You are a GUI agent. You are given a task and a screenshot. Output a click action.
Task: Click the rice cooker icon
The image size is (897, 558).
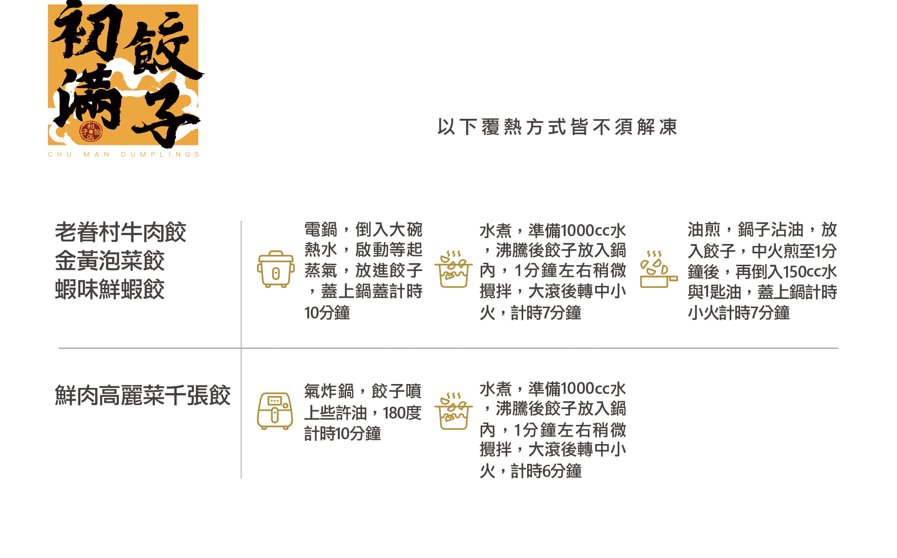tap(276, 269)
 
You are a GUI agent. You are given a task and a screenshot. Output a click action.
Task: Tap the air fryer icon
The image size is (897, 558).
tap(275, 411)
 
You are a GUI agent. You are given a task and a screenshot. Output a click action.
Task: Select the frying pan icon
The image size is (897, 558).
tap(658, 269)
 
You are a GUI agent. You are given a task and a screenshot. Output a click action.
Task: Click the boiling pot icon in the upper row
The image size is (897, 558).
tap(453, 269)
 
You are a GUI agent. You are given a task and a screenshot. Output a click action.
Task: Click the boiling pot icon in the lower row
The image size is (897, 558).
tap(453, 411)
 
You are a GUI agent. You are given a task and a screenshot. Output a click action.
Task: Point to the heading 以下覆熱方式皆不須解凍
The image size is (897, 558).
tap(557, 127)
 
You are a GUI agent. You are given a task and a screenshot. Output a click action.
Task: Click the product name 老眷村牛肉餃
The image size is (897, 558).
tap(120, 232)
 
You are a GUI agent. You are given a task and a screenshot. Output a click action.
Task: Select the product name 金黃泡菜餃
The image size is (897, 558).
tap(109, 261)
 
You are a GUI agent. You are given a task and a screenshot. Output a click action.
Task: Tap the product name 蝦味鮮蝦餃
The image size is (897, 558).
tap(109, 289)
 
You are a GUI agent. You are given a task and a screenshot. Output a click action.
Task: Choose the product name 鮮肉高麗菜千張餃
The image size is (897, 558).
tap(143, 395)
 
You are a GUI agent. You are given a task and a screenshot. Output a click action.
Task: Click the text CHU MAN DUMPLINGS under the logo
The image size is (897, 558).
tap(123, 154)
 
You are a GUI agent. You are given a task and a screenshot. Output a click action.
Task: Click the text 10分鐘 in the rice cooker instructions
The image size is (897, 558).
tap(327, 313)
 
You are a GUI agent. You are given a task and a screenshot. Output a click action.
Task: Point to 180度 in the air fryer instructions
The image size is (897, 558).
tap(402, 413)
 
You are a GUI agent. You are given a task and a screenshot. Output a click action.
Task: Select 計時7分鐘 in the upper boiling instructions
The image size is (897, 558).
tap(546, 313)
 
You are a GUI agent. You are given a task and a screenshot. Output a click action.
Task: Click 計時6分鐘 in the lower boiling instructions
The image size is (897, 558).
tap(546, 471)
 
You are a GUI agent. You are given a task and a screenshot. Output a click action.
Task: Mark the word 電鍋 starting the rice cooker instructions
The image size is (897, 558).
tap(321, 230)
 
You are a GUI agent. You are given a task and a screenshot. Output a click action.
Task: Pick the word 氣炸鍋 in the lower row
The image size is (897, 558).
tap(329, 391)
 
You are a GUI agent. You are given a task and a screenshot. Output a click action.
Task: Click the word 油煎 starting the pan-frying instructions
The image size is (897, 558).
tap(704, 230)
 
